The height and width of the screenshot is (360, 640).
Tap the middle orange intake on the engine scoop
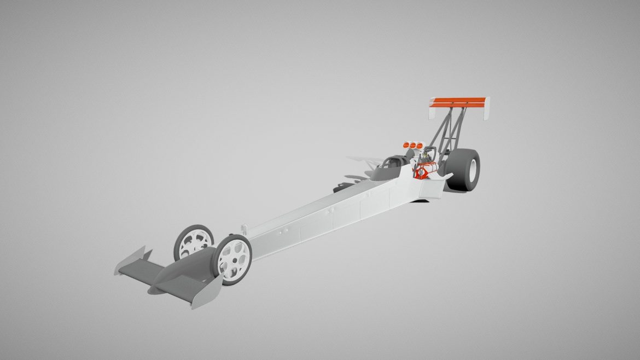[x=414, y=145]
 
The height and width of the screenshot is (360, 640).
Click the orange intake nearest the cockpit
[x=406, y=145]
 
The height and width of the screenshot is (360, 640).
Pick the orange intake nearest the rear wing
[x=421, y=145]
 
